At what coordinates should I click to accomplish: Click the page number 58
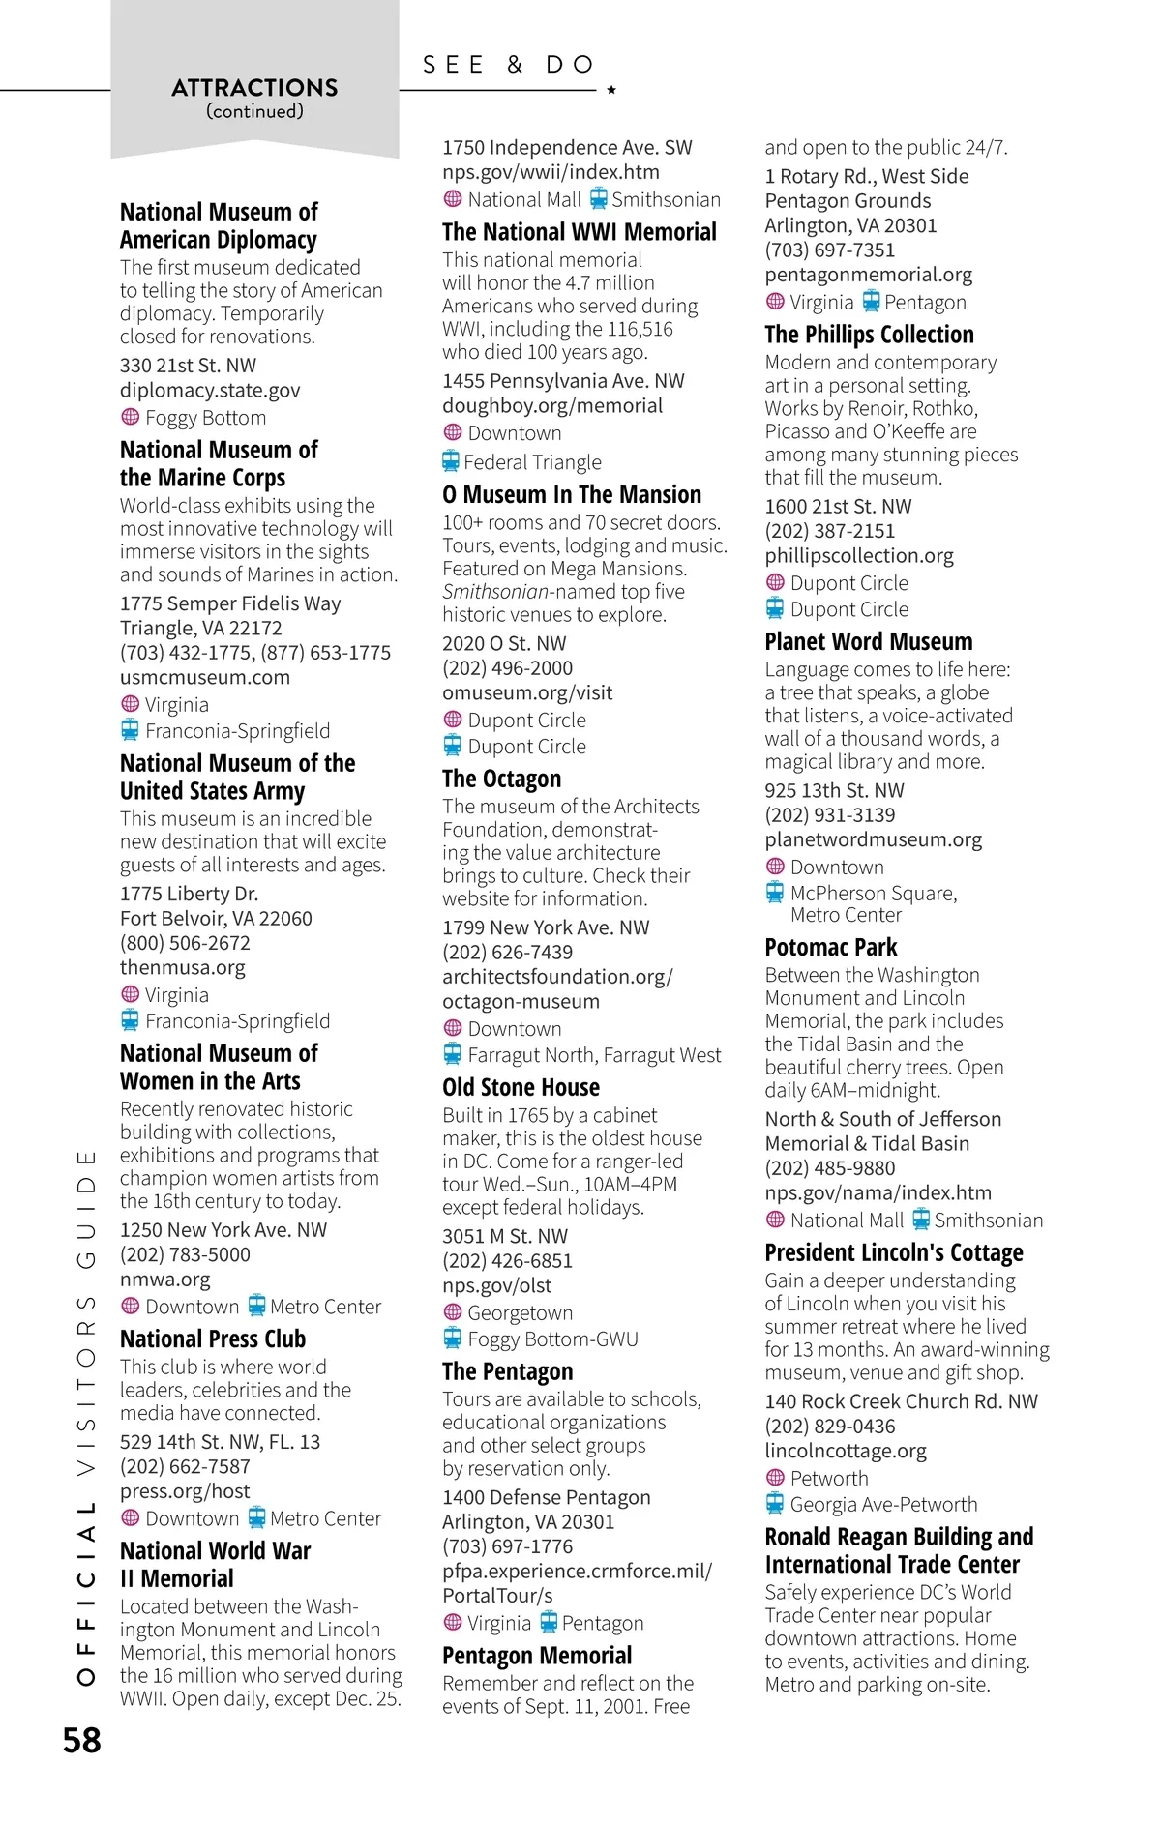point(82,1741)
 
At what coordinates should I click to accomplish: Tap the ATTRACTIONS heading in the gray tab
point(254,88)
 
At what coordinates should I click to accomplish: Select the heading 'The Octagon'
point(501,780)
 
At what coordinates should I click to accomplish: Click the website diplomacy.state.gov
point(210,390)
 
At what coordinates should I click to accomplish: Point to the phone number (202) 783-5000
point(185,1254)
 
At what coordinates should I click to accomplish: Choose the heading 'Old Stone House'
point(521,1088)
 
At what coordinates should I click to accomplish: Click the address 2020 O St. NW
point(504,644)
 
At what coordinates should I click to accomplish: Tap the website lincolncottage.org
point(845,1451)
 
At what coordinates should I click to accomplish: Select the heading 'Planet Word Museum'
point(868,642)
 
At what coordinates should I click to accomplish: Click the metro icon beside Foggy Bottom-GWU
point(452,1339)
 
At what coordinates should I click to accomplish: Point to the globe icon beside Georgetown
point(452,1312)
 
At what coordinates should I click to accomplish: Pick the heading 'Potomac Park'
point(830,948)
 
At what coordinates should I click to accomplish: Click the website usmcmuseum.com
point(205,677)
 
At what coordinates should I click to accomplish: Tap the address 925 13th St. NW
point(834,790)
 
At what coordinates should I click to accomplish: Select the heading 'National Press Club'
point(213,1339)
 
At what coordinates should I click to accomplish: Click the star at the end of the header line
point(611,90)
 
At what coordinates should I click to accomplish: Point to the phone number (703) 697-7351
point(829,250)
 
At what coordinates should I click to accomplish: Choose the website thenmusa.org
point(183,967)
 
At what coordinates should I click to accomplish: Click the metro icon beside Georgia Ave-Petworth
point(775,1504)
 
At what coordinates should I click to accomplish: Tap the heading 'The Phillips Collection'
point(869,335)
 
